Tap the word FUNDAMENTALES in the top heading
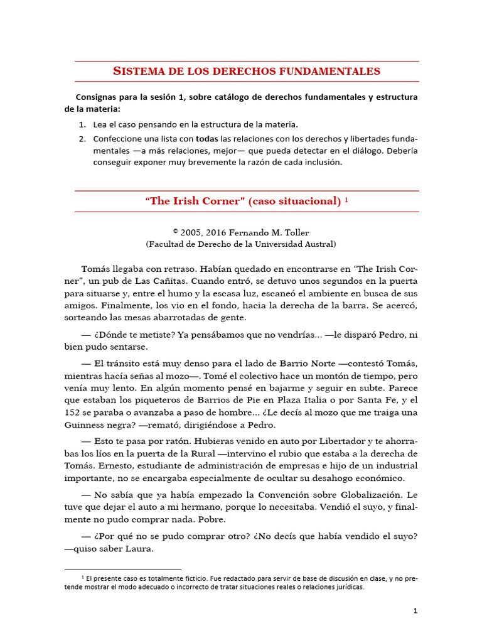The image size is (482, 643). tap(331, 71)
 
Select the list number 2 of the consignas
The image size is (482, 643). tap(83, 138)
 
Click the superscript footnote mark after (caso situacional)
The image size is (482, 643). tap(347, 199)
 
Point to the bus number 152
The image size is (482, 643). tap(73, 412)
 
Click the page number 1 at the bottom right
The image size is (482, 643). tap(415, 610)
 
